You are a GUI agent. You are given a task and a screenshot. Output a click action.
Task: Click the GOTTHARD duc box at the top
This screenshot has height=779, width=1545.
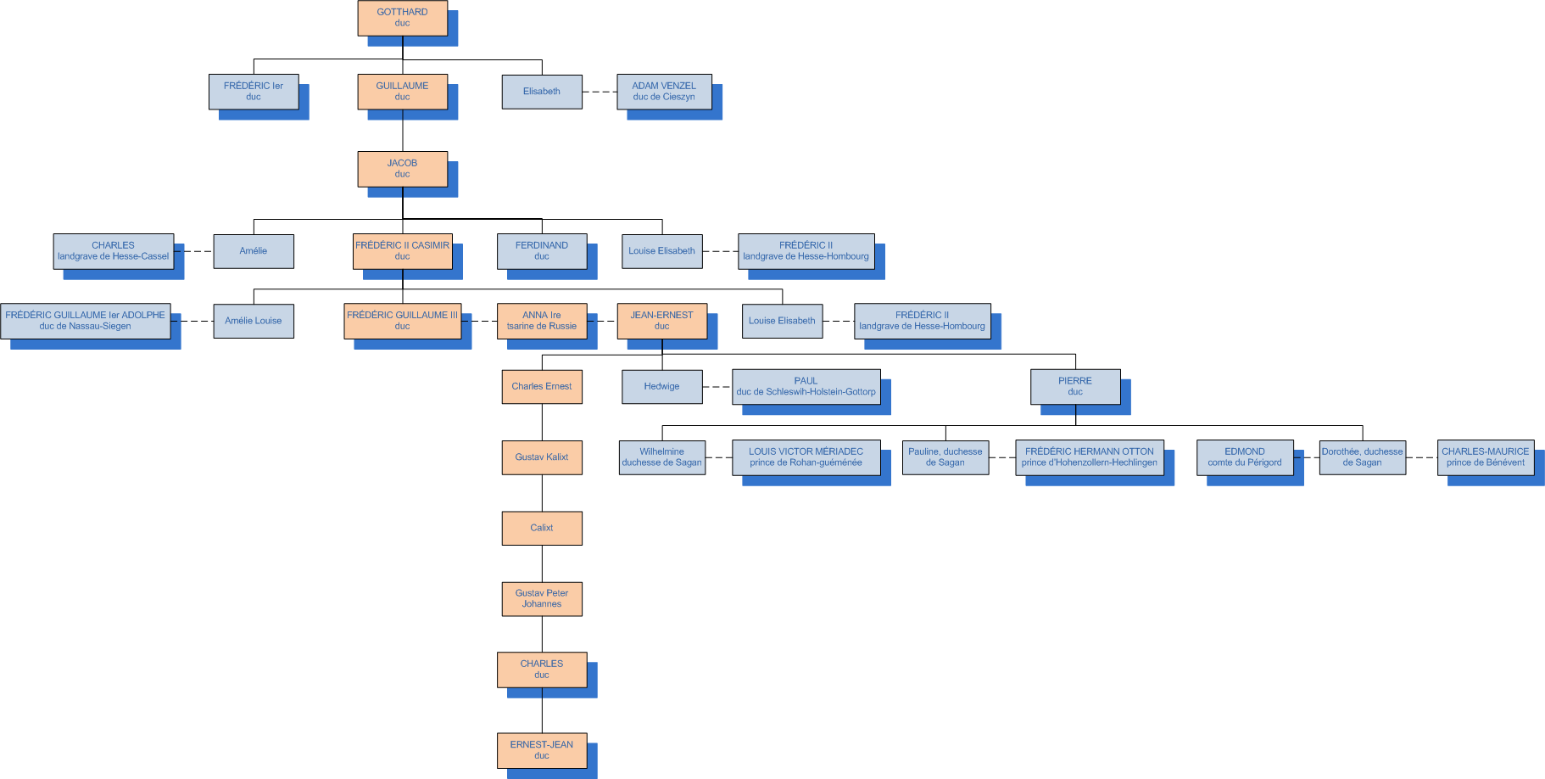coord(402,18)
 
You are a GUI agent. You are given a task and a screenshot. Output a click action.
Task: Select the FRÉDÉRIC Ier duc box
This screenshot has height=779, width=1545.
coord(254,92)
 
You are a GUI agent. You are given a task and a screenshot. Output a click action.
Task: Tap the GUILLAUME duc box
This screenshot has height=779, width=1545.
coord(402,92)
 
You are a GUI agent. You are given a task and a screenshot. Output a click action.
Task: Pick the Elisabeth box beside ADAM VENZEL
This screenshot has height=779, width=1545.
coord(542,92)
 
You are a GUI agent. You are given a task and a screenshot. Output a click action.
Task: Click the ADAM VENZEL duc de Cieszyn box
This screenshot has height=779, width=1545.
coord(664,92)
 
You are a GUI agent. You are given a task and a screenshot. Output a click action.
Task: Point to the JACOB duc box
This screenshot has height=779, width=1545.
coord(402,169)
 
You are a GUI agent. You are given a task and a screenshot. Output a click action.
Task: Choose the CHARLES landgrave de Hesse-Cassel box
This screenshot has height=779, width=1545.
coord(114,251)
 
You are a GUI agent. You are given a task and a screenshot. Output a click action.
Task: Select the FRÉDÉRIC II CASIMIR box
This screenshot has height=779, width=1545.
coord(402,251)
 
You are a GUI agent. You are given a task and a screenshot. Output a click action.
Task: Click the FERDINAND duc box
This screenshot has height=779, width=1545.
coord(542,251)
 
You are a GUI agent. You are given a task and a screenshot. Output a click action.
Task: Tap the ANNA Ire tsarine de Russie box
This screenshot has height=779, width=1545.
coord(542,321)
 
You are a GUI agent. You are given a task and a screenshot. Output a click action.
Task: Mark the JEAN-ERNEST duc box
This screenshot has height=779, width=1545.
coord(661,321)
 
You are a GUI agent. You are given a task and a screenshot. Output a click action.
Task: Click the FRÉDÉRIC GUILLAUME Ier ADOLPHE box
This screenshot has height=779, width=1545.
coord(86,321)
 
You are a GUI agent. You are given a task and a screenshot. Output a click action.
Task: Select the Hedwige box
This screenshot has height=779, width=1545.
coord(661,387)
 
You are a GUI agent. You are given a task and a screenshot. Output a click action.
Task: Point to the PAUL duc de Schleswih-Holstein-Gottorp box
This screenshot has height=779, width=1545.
coord(806,387)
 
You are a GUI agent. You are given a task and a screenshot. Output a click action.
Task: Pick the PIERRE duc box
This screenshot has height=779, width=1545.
coord(1075,387)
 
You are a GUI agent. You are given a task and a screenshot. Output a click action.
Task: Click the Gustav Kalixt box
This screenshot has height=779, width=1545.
coord(542,457)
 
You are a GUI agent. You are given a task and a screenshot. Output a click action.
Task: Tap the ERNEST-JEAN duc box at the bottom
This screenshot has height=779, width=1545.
coord(542,750)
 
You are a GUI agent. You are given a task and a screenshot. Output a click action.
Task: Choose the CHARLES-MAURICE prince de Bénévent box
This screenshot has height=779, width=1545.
coord(1486,457)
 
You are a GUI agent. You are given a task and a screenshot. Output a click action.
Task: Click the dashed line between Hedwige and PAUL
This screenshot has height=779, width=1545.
coord(717,387)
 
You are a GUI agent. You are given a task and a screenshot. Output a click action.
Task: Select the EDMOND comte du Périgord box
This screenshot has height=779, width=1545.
coord(1245,457)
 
